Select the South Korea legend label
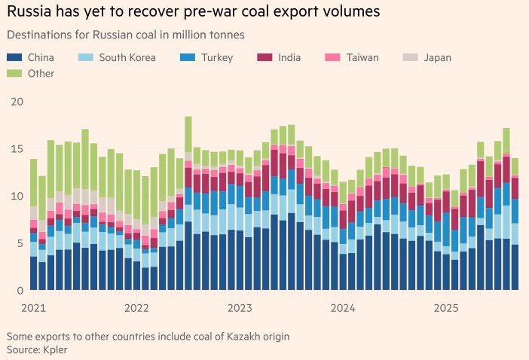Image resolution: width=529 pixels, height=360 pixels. (x=127, y=57)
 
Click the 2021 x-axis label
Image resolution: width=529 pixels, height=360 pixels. (x=34, y=307)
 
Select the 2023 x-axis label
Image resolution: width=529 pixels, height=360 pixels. (x=240, y=307)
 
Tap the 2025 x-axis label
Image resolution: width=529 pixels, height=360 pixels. (x=446, y=307)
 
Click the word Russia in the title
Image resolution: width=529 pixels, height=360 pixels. (x=29, y=12)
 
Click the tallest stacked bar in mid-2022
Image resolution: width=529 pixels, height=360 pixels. (x=188, y=203)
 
